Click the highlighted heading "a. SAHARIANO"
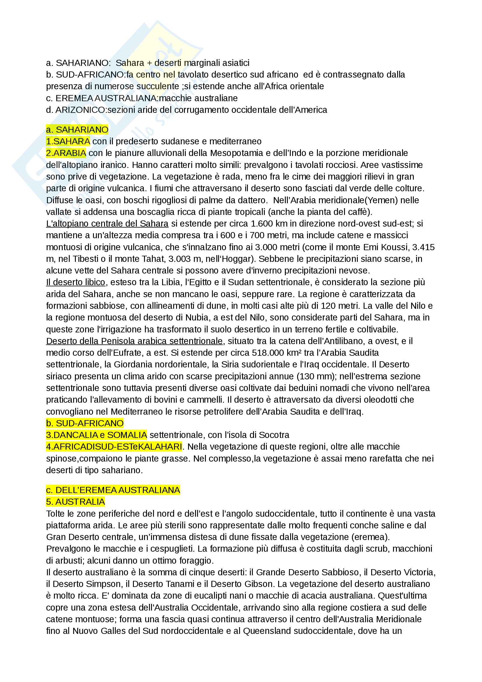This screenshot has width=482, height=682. click(77, 130)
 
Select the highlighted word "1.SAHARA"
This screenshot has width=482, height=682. click(68, 141)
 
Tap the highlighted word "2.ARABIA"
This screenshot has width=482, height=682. click(66, 153)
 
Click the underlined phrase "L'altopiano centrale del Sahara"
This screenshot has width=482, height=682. click(107, 224)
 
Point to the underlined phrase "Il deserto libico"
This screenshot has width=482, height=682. click(76, 282)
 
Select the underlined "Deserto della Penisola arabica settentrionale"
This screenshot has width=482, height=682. click(134, 341)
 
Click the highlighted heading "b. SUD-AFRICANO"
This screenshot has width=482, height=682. click(85, 423)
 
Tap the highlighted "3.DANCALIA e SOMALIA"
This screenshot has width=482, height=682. click(97, 435)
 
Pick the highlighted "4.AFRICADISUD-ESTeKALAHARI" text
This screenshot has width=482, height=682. click(114, 447)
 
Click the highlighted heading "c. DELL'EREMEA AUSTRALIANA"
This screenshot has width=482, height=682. click(113, 490)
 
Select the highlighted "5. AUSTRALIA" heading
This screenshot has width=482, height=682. click(76, 502)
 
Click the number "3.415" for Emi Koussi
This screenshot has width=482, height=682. click(423, 247)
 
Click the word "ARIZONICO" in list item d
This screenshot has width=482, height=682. click(80, 110)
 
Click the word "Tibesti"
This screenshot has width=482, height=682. click(85, 259)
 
